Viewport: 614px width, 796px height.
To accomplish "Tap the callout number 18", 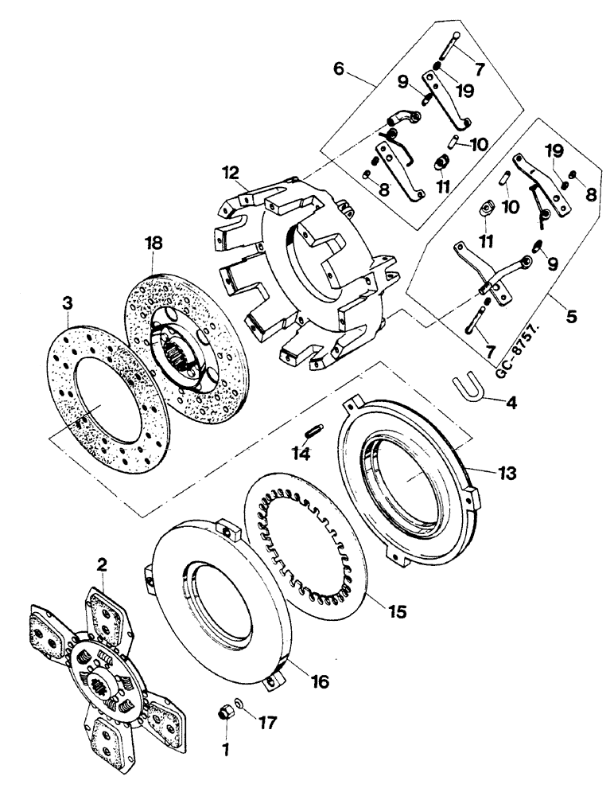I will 153,242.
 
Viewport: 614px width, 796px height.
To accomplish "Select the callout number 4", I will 511,403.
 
